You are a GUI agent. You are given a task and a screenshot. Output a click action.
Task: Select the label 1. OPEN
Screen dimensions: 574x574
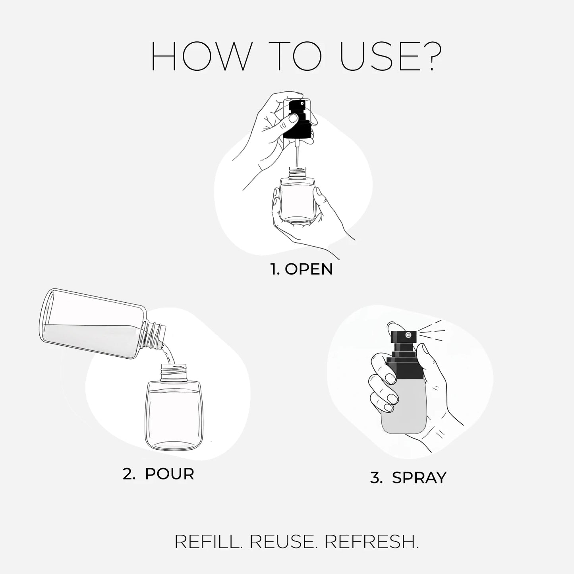pos(301,269)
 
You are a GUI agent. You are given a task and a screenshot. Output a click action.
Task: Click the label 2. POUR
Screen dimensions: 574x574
pos(158,474)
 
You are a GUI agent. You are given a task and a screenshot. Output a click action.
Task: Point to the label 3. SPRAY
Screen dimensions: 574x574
pos(408,477)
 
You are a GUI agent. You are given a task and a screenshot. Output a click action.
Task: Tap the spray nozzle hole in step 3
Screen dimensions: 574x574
pos(408,336)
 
